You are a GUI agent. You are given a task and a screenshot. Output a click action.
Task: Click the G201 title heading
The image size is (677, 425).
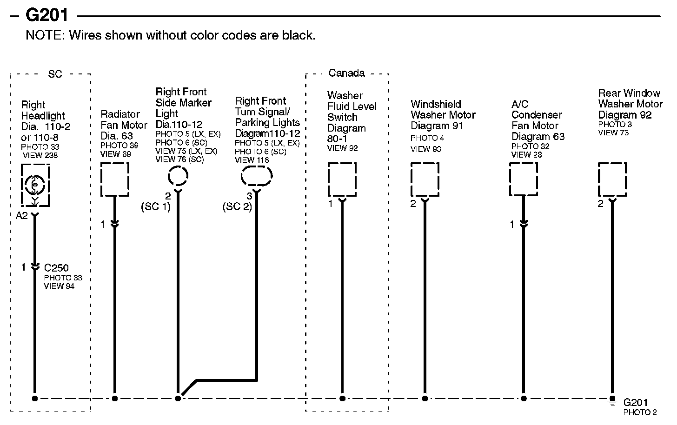click(46, 15)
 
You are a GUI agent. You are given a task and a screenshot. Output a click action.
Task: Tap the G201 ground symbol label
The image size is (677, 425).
click(635, 402)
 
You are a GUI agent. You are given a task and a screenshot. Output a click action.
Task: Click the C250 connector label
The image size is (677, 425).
click(56, 268)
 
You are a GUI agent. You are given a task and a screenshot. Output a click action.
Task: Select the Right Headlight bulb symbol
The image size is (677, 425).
click(35, 186)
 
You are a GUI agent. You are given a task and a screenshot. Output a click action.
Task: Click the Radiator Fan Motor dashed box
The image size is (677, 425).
click(115, 179)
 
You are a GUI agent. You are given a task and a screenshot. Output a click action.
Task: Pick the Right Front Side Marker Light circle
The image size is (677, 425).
click(178, 177)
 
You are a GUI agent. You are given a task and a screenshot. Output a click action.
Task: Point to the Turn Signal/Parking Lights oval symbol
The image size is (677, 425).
click(256, 176)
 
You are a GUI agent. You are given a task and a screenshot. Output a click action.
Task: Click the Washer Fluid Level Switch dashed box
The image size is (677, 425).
click(342, 179)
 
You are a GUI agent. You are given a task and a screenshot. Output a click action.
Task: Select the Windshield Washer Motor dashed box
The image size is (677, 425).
click(425, 179)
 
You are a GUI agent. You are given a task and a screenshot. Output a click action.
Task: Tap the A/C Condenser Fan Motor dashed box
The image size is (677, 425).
click(524, 179)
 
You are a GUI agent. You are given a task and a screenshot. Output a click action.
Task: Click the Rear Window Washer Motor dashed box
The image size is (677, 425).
click(612, 179)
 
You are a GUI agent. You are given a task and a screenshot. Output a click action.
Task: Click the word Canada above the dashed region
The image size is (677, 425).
click(346, 73)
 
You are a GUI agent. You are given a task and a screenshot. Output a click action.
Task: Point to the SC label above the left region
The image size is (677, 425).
click(55, 74)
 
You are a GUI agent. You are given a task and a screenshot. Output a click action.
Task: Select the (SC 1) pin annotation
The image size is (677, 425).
click(156, 206)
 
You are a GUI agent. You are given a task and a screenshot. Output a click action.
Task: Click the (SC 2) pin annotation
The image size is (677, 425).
click(237, 206)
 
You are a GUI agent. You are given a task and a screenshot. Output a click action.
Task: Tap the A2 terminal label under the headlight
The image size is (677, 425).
click(22, 215)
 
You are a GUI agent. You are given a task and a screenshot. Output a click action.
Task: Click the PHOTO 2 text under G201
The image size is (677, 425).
click(640, 412)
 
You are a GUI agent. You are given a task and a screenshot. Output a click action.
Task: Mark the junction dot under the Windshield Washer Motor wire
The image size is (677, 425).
click(425, 398)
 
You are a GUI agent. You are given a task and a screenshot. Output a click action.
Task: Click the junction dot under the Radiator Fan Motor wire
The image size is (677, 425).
click(115, 398)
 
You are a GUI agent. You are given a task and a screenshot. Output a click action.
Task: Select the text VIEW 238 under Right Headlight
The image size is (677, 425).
click(40, 155)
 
